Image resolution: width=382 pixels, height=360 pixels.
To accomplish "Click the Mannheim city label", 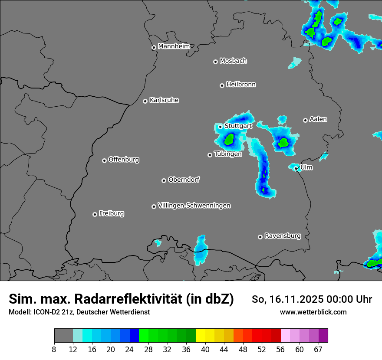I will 174,46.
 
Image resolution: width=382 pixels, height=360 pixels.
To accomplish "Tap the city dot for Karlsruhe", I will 145,101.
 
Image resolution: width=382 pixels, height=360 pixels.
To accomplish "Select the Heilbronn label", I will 241,84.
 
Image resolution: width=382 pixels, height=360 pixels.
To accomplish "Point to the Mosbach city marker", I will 215,62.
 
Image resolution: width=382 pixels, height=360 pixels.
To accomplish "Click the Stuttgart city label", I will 238,126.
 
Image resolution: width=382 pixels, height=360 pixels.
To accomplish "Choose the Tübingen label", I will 228,154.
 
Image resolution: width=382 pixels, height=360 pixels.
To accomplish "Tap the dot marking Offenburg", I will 104,160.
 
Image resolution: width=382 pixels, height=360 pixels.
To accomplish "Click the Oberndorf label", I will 184,180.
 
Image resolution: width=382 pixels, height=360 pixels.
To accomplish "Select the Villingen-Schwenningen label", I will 194,206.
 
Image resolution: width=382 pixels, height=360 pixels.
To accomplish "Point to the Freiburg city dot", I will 95,214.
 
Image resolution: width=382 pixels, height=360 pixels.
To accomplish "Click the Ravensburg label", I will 283,236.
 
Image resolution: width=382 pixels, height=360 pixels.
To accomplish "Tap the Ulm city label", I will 306,167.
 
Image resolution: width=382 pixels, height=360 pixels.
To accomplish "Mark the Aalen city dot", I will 305,120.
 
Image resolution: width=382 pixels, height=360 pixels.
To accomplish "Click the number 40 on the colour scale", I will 205,349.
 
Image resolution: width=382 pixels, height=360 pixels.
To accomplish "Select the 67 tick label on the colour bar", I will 318,349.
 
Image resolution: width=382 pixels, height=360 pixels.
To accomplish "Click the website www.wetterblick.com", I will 313,312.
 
